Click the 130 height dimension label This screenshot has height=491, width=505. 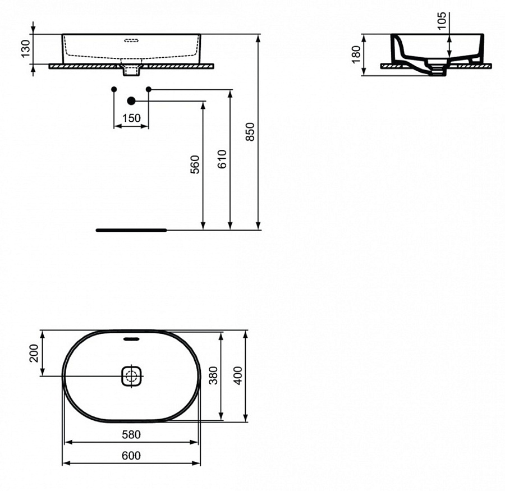(25, 49)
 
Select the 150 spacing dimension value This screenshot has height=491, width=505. (131, 118)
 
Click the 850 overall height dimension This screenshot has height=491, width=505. (251, 131)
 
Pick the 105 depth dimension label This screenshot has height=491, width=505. (442, 21)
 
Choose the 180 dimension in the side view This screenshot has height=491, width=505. (356, 54)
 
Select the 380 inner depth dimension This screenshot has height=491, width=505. (213, 375)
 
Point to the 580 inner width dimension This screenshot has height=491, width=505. (131, 434)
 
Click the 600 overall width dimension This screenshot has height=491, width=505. (131, 456)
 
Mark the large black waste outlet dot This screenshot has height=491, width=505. (131, 101)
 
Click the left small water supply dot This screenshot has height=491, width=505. (114, 89)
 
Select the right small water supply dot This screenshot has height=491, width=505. (149, 89)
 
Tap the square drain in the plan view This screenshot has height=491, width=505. (132, 375)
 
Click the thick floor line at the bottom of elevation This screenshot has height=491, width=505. (131, 230)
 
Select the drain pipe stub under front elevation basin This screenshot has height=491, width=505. (131, 71)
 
